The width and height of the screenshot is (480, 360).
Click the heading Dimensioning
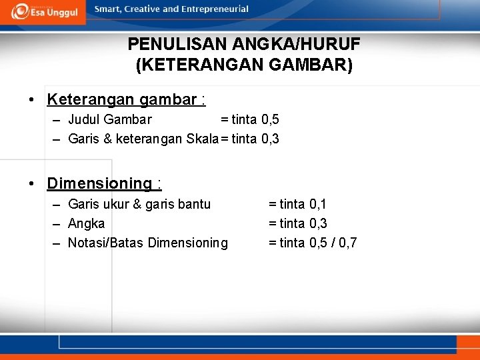tap(99, 183)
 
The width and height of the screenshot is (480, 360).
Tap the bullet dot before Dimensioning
tap(32, 183)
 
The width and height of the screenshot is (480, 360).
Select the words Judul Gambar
tap(110, 120)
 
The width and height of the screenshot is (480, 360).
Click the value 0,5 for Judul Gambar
tap(270, 120)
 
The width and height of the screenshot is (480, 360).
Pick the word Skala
tap(203, 139)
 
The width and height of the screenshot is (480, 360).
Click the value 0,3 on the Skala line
tap(270, 139)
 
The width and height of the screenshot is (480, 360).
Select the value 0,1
tap(318, 204)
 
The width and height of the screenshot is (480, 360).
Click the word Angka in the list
tap(87, 223)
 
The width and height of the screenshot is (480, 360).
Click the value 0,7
tap(348, 243)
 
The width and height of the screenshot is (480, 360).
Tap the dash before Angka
tap(57, 223)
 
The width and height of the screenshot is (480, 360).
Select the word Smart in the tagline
tap(107, 9)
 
